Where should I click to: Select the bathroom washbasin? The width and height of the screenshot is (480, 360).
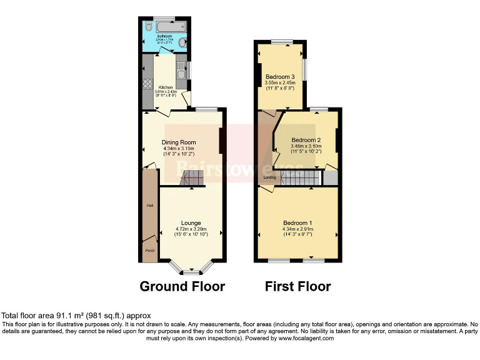coord(182,42)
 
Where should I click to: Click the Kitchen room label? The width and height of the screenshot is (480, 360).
coord(166,87)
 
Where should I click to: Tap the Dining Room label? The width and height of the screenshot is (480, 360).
coord(179,142)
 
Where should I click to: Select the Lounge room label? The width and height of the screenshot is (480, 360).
coord(191,222)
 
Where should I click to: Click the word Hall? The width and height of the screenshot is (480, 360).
coord(150,205)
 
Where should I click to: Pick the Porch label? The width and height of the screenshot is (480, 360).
coord(149,251)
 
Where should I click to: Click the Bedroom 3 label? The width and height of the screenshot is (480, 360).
coord(279,77)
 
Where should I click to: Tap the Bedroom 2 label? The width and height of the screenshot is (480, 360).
coord(306,139)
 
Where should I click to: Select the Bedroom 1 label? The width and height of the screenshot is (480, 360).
coord(297,223)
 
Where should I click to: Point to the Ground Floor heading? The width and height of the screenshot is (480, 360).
coord(182,286)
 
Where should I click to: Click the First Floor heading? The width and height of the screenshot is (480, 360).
coord(298,286)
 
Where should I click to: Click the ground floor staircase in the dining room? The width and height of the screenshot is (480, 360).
coord(191,180)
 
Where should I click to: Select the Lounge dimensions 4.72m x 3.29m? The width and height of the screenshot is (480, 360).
coord(191,229)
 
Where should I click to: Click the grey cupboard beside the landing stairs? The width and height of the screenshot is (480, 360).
coord(329,178)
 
